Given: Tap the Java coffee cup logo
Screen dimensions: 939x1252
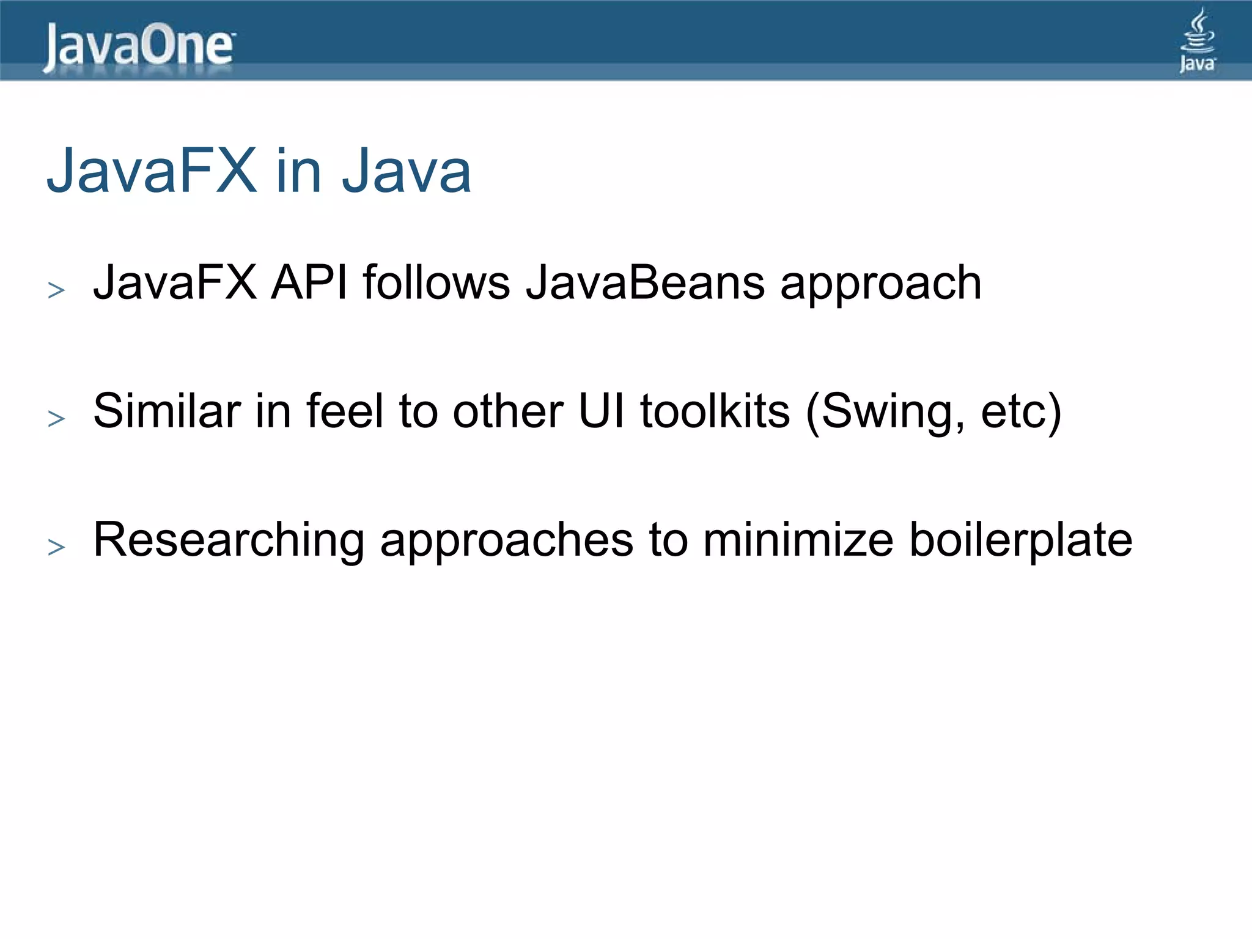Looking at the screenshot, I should pyautogui.click(x=1198, y=40).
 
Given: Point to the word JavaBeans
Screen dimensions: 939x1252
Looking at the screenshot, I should pyautogui.click(x=645, y=282).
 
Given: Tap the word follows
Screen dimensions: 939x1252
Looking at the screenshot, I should pyautogui.click(x=436, y=282).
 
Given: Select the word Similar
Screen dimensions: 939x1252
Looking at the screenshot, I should pyautogui.click(x=166, y=411).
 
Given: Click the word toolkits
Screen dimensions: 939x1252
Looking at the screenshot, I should pyautogui.click(x=715, y=411).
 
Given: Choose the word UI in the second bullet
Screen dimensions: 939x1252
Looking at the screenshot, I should pyautogui.click(x=602, y=411).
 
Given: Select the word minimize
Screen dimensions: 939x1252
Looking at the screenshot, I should pyautogui.click(x=798, y=540).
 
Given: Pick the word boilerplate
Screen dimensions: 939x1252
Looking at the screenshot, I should pyautogui.click(x=1021, y=541).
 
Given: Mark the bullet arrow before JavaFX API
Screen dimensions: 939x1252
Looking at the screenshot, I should pyautogui.click(x=56, y=290).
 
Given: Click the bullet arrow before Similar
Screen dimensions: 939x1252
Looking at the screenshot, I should pyautogui.click(x=56, y=419).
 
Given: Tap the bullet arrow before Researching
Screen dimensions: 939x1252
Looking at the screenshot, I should pyautogui.click(x=56, y=547).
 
